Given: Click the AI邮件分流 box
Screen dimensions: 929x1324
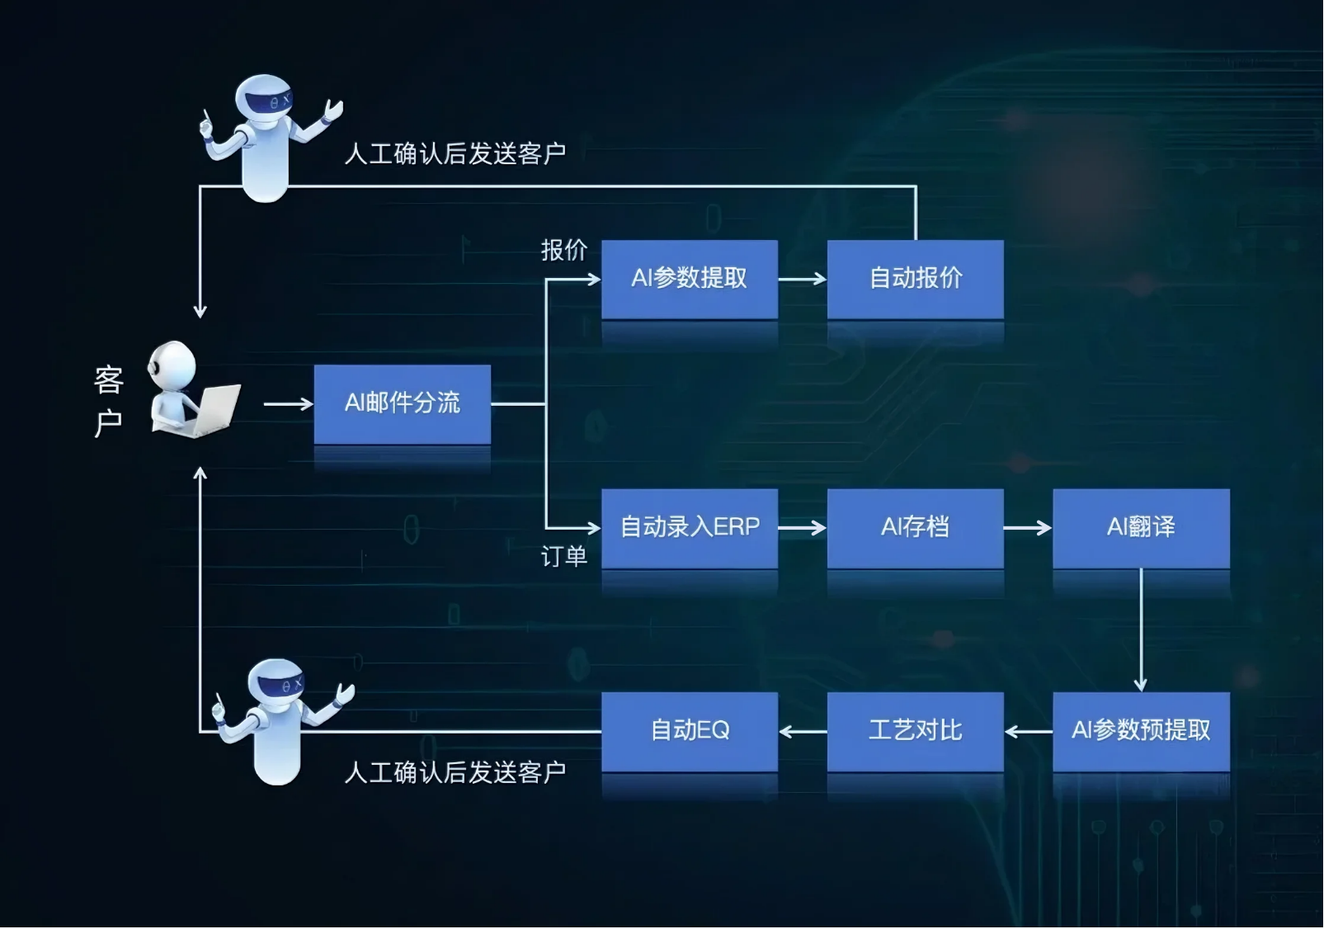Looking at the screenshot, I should [402, 403].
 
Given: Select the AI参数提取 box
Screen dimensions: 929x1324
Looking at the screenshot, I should [689, 278].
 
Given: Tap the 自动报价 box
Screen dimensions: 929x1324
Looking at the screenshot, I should [915, 278].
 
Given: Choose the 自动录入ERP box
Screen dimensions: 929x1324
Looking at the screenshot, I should [689, 527].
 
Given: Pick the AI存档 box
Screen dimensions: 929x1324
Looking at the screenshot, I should [915, 527].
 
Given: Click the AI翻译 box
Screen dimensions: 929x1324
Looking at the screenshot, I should [1141, 527].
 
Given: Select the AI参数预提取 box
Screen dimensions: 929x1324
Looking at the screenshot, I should [1141, 730].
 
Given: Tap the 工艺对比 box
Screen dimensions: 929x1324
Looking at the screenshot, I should [915, 730].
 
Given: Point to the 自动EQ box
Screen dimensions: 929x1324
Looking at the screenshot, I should [689, 730].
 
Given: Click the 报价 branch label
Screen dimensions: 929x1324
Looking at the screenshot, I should [563, 249].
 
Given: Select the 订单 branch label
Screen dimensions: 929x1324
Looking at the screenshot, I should [563, 556].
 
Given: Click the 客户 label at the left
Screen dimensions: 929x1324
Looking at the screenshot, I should [108, 402].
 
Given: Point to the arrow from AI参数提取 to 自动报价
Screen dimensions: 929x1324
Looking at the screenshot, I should [802, 279].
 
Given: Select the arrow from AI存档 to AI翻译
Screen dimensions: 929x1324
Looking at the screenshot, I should [1027, 528].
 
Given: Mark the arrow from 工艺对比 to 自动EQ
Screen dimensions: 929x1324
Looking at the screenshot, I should [802, 731].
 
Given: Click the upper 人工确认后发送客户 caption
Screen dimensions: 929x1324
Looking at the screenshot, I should [455, 153].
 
